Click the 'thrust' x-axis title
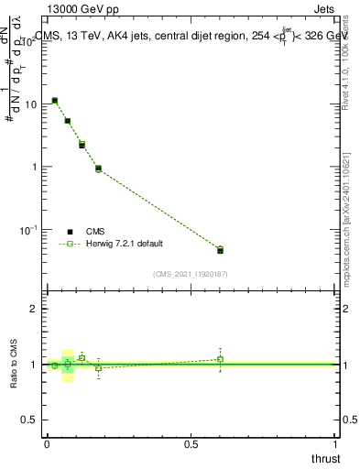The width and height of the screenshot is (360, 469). [x=325, y=458]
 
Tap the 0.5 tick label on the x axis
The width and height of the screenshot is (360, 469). [x=191, y=444]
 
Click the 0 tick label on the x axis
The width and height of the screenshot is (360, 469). [x=47, y=444]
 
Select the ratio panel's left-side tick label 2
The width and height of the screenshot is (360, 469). [x=34, y=310]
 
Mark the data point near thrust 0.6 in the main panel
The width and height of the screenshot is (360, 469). [x=220, y=250]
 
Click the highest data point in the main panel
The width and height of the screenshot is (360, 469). [x=55, y=101]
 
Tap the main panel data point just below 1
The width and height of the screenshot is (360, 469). [x=98, y=169]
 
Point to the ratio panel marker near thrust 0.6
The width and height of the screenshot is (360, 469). [x=220, y=359]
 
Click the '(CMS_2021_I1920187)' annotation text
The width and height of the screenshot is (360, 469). [x=191, y=274]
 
